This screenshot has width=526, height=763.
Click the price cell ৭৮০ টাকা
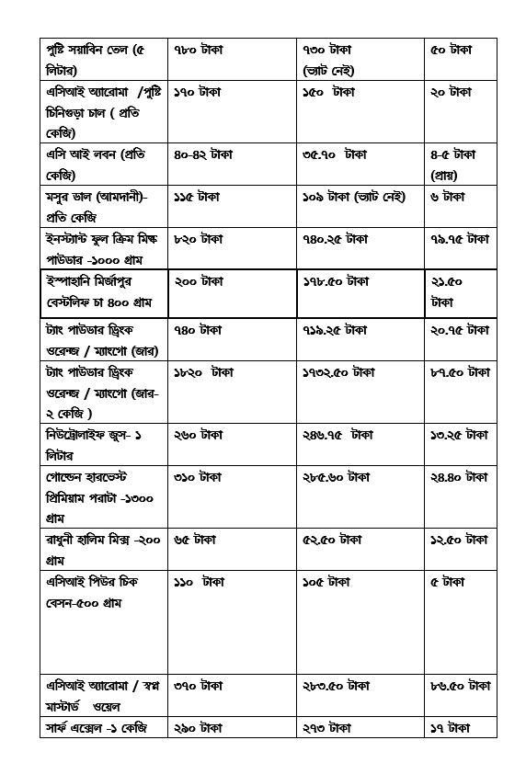[x=199, y=49]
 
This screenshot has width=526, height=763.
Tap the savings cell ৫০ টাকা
[x=451, y=49]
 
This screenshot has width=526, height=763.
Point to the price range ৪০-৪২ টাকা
[x=202, y=154]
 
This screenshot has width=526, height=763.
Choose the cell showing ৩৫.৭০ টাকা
[x=335, y=154]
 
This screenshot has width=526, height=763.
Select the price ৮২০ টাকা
[x=199, y=239]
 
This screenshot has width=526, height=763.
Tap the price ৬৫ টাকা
[x=195, y=539]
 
